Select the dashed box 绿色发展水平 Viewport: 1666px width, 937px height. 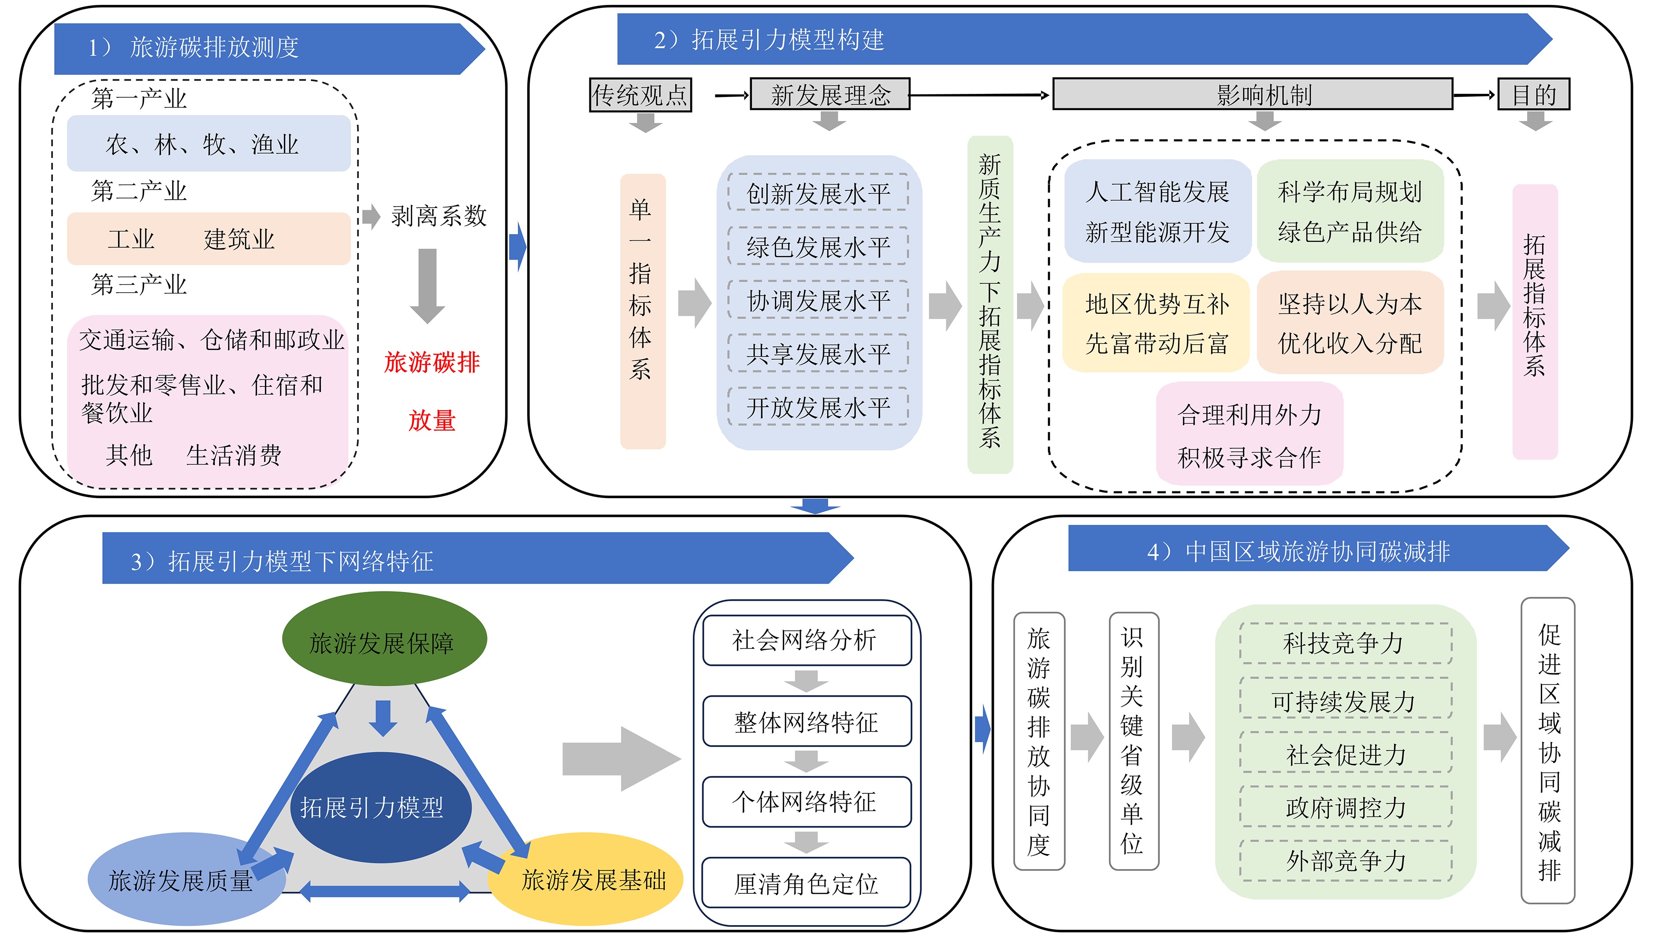(x=818, y=246)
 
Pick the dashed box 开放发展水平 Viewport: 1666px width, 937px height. (x=818, y=407)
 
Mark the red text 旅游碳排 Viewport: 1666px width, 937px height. (x=432, y=362)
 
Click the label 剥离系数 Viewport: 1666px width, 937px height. (x=439, y=216)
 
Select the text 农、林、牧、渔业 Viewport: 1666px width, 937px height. (x=202, y=144)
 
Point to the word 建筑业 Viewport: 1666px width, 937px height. (x=239, y=238)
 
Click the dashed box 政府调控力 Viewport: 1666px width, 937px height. (x=1345, y=807)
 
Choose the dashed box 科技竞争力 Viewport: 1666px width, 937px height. (x=1345, y=643)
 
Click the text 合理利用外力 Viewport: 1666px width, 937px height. (x=1249, y=414)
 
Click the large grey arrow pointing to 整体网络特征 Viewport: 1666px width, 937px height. (x=621, y=759)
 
